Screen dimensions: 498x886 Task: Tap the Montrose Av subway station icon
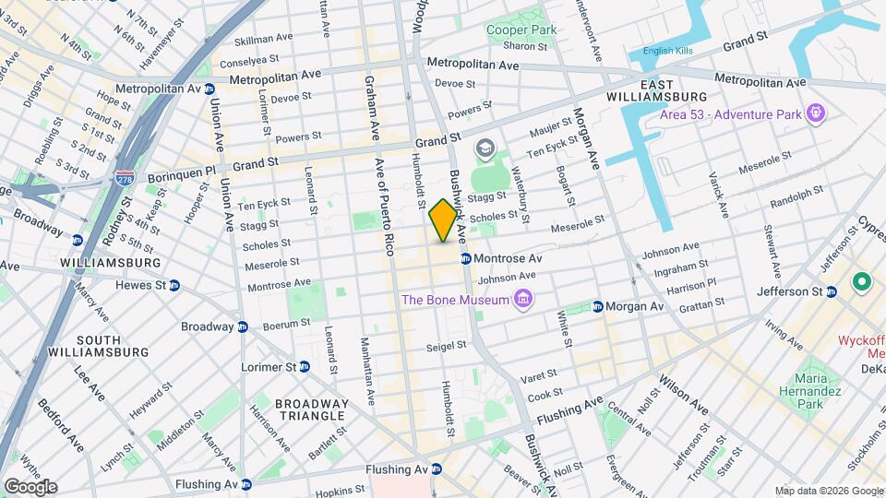point(466,259)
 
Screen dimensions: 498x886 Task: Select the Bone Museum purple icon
point(523,299)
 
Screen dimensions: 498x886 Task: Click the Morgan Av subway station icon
point(598,306)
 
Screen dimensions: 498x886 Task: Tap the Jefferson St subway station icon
point(831,291)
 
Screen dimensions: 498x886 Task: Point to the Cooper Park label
point(521,30)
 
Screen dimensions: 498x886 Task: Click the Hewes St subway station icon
point(174,286)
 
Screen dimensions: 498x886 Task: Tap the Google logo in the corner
point(30,486)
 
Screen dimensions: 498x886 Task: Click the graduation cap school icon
point(484,148)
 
